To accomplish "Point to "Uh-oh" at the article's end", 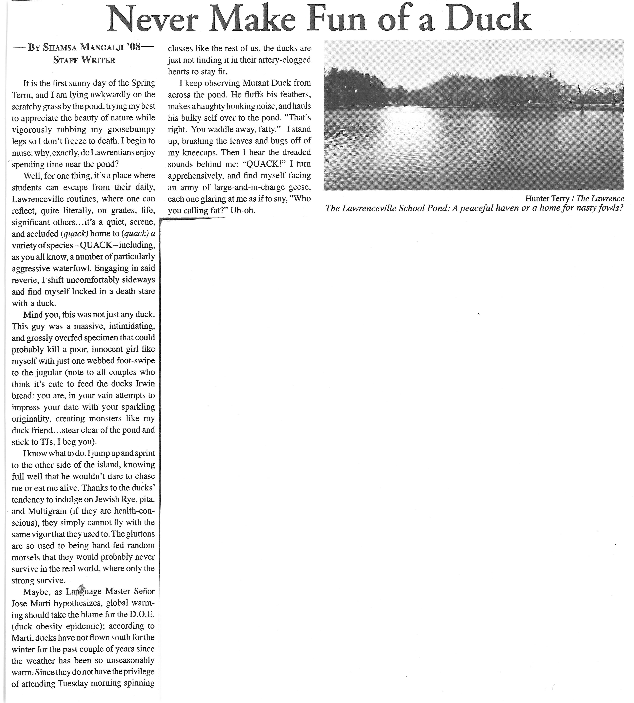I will pyautogui.click(x=243, y=210).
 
